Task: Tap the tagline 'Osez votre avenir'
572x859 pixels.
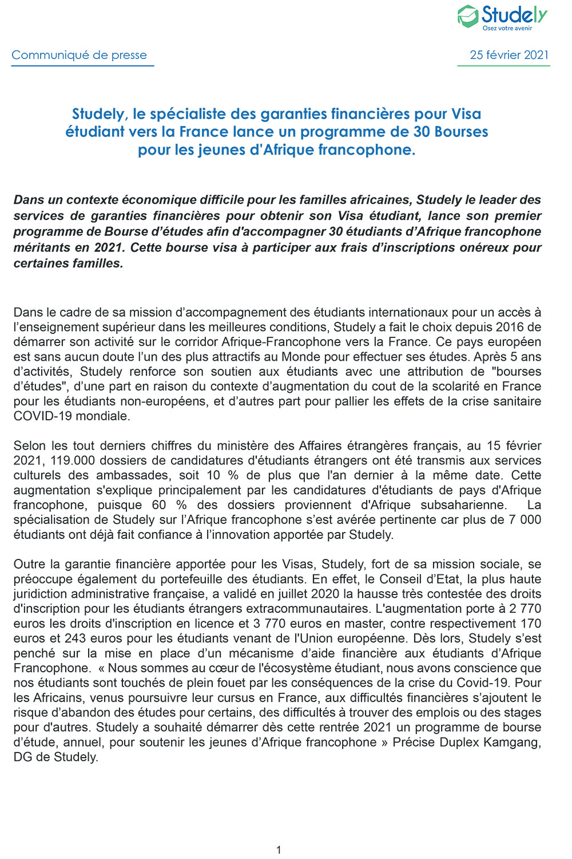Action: coord(507,28)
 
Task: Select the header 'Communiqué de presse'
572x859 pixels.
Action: coord(79,55)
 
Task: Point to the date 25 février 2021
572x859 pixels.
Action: coord(509,55)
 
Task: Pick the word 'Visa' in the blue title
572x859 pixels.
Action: coord(466,114)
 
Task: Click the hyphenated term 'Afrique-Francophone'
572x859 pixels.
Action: coord(273,342)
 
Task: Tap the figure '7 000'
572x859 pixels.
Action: coord(522,520)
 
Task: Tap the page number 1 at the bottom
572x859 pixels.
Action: coord(279,850)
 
